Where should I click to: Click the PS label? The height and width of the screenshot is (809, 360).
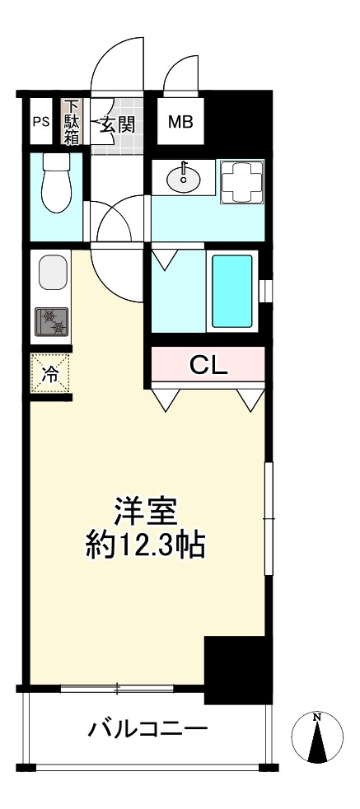40,123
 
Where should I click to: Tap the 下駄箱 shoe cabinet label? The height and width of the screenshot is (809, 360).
72,123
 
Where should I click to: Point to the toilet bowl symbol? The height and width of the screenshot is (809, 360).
58,178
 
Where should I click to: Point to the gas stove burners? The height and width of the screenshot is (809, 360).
51,320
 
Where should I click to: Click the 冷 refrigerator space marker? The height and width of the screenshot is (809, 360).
51,372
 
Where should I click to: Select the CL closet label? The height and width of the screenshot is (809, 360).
208,364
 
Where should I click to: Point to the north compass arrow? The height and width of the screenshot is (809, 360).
317,737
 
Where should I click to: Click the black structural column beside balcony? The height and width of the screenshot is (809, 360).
238,670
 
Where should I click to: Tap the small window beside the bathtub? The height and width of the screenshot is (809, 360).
264,292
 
